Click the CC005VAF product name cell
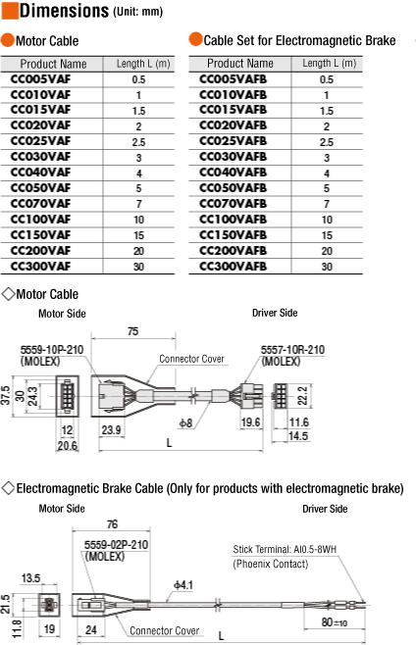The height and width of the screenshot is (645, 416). point(41,79)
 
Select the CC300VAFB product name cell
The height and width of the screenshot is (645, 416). point(234,267)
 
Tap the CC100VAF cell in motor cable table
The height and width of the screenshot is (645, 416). point(41,220)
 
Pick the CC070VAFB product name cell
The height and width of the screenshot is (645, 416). point(234,204)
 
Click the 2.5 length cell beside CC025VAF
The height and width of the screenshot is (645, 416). point(138,142)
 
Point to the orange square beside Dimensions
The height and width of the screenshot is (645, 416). point(10,11)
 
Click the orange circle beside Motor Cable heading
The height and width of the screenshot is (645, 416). point(8,40)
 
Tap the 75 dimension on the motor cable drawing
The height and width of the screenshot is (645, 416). point(133,331)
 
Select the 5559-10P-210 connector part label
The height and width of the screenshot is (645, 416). point(52,350)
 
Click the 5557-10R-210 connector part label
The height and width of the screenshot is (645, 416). point(292,350)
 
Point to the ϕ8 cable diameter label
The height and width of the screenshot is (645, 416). point(185,422)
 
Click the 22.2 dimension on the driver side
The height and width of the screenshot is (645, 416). point(302,396)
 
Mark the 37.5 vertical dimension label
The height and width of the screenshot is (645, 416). point(5,396)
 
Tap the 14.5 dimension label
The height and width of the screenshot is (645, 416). point(298,436)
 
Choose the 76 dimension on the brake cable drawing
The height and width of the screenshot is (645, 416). point(113,524)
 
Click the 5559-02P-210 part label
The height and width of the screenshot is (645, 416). point(116,545)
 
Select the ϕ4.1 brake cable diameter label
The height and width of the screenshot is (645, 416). point(183,585)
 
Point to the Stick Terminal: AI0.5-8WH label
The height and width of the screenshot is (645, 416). point(285,549)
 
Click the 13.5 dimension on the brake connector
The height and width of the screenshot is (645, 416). point(30,578)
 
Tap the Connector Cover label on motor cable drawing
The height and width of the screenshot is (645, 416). point(191,359)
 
